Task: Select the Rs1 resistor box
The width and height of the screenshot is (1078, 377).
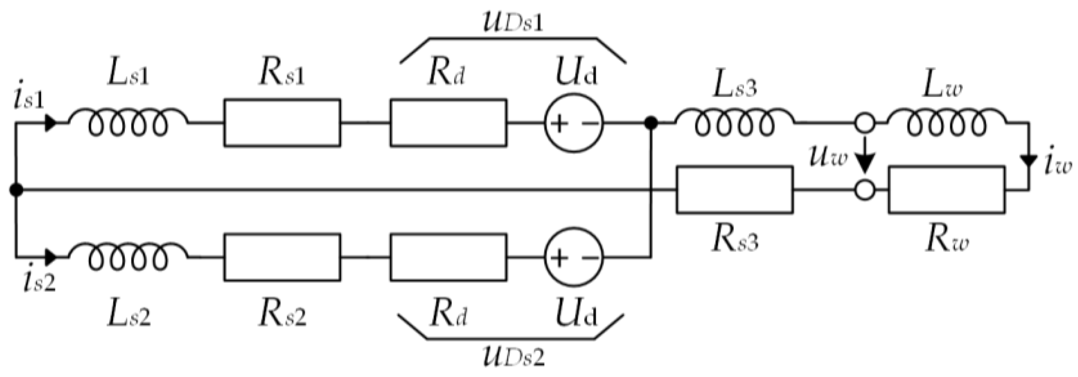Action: point(282,123)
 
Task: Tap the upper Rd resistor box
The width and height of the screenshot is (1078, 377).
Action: point(448,123)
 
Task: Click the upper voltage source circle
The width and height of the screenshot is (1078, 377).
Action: point(574,123)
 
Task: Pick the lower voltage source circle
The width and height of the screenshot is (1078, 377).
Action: point(574,257)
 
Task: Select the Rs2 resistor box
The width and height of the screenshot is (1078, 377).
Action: point(282,257)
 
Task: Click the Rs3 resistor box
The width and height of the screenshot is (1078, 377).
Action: point(734,190)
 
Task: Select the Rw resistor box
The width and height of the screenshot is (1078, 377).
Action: point(947,190)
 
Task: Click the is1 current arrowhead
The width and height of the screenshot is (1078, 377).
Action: point(51,123)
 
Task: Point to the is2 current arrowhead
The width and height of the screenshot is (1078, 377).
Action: point(51,257)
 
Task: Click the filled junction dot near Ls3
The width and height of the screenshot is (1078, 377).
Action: point(651,123)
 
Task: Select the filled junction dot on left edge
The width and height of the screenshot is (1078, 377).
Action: point(16,190)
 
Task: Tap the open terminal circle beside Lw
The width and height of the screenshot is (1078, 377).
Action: point(865,123)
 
